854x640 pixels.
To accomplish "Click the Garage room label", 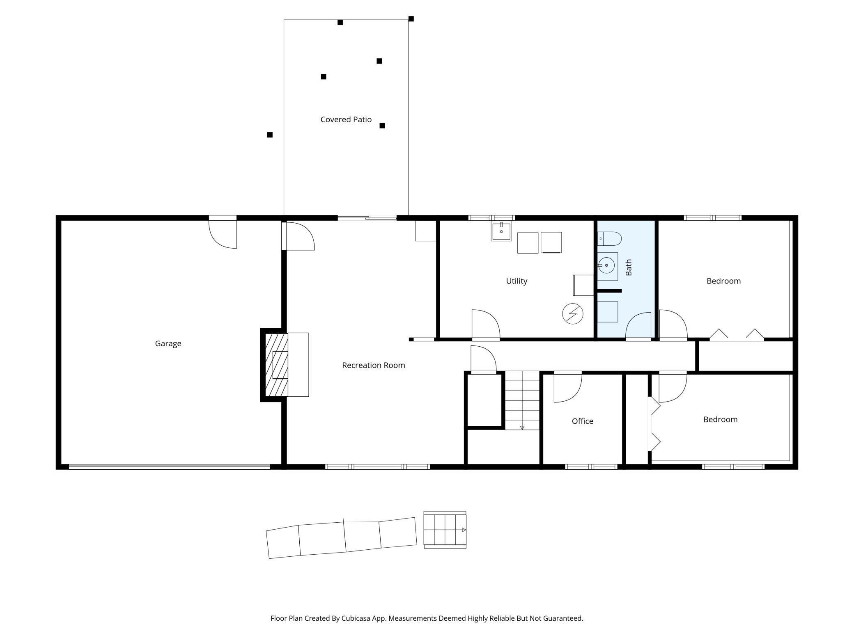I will click(x=168, y=344).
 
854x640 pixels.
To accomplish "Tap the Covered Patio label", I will click(x=346, y=119).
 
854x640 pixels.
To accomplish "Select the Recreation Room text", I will click(x=373, y=365).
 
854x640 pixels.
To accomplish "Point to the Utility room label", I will click(x=517, y=281).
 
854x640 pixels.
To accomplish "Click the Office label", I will click(x=582, y=421).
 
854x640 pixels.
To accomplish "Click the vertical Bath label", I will click(x=629, y=267).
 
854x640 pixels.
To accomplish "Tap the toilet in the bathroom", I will click(x=610, y=238).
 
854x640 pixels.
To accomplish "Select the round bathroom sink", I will click(x=606, y=266).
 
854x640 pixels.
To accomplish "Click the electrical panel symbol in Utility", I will click(x=572, y=314).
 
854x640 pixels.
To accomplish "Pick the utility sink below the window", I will click(x=501, y=231).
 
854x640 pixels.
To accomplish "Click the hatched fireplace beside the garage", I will click(x=276, y=365).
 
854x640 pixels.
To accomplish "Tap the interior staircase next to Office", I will click(x=522, y=400).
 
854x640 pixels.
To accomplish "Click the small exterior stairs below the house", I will click(x=445, y=530).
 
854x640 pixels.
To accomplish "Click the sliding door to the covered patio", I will click(x=367, y=218).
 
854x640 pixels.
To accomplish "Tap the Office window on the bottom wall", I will click(x=591, y=467).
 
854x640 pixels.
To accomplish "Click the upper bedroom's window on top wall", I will click(x=712, y=218).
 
